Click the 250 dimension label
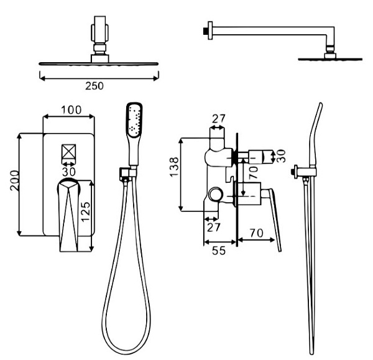pyautogui.click(x=94, y=85)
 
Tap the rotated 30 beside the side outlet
pyautogui.click(x=283, y=156)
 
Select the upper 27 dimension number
pyautogui.click(x=218, y=118)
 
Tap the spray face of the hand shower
pyautogui.click(x=132, y=120)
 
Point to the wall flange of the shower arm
pyautogui.click(x=206, y=30)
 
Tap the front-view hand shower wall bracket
pyautogui.click(x=127, y=173)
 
